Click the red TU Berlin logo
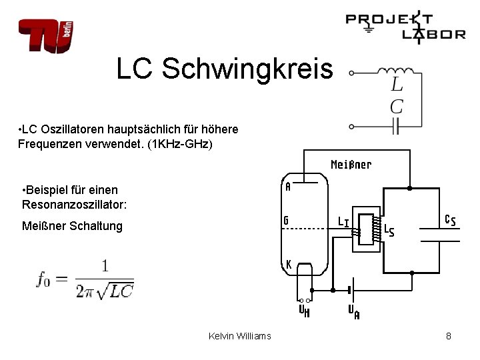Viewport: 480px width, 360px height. coord(45,35)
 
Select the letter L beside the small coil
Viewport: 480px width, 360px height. coord(397,85)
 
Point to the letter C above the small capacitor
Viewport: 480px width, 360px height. coord(397,106)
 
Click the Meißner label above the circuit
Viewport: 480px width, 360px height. coord(351,164)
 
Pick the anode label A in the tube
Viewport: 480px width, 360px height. coord(288,187)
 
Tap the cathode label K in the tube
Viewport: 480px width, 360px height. coord(288,265)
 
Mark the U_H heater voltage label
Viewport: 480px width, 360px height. coord(303,310)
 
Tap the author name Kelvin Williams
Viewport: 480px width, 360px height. coord(240,336)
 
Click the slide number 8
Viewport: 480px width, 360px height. coord(449,336)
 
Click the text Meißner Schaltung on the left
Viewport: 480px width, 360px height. coord(72,227)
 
